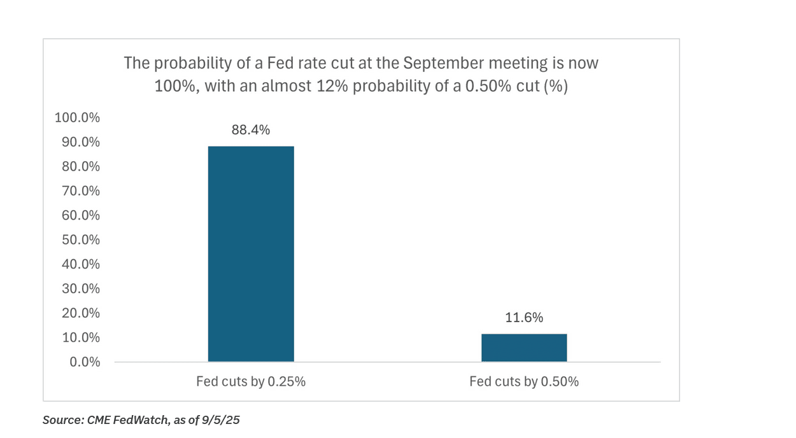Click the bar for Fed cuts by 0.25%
(x=251, y=254)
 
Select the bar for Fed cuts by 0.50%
(x=524, y=348)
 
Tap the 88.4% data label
(x=251, y=131)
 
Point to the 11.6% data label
(x=524, y=318)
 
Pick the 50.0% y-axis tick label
(x=81, y=240)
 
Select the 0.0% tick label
(x=84, y=362)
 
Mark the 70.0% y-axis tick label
(x=81, y=191)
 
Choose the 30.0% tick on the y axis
(x=81, y=288)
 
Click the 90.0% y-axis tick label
(x=81, y=143)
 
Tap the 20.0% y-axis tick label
(x=81, y=313)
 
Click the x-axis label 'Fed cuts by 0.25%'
(x=251, y=382)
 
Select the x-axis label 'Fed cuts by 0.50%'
(x=524, y=382)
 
